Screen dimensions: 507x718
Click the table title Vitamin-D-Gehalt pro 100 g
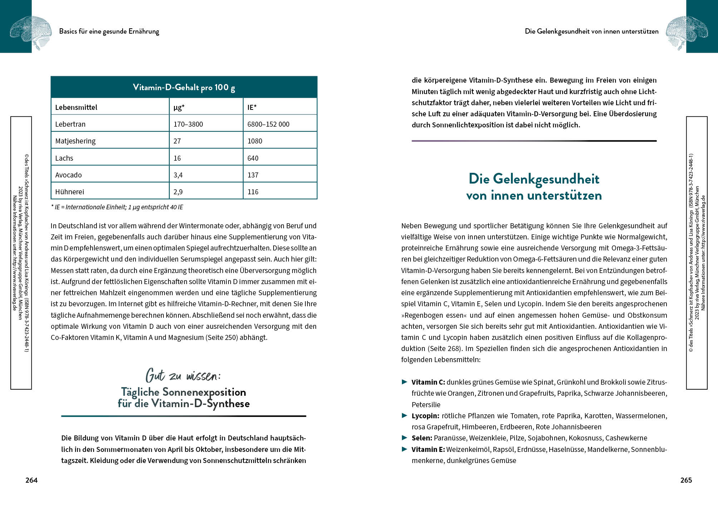[x=184, y=87]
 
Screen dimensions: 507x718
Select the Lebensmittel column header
[x=76, y=107]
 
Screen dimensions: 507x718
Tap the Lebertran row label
[x=70, y=124]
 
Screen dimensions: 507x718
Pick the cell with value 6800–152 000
[x=268, y=124]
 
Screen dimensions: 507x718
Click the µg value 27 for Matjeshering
[x=177, y=141]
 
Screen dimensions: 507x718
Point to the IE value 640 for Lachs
[x=253, y=158]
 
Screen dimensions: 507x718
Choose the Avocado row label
[x=69, y=175]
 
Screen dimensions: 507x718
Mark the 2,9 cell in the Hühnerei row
[x=178, y=192]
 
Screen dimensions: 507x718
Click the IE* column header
[x=252, y=107]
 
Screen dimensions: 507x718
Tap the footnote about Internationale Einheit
[x=117, y=207]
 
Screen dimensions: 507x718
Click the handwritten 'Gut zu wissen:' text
[x=183, y=376]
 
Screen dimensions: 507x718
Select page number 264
[x=31, y=480]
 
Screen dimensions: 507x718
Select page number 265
[x=686, y=480]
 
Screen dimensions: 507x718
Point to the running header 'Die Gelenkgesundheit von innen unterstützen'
[x=591, y=31]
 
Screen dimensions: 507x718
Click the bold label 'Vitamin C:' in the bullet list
[x=428, y=382]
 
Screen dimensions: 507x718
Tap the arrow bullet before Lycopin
[x=404, y=415]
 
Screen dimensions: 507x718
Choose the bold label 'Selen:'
[x=422, y=438]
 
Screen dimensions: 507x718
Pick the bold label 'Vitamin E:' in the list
[x=428, y=449]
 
